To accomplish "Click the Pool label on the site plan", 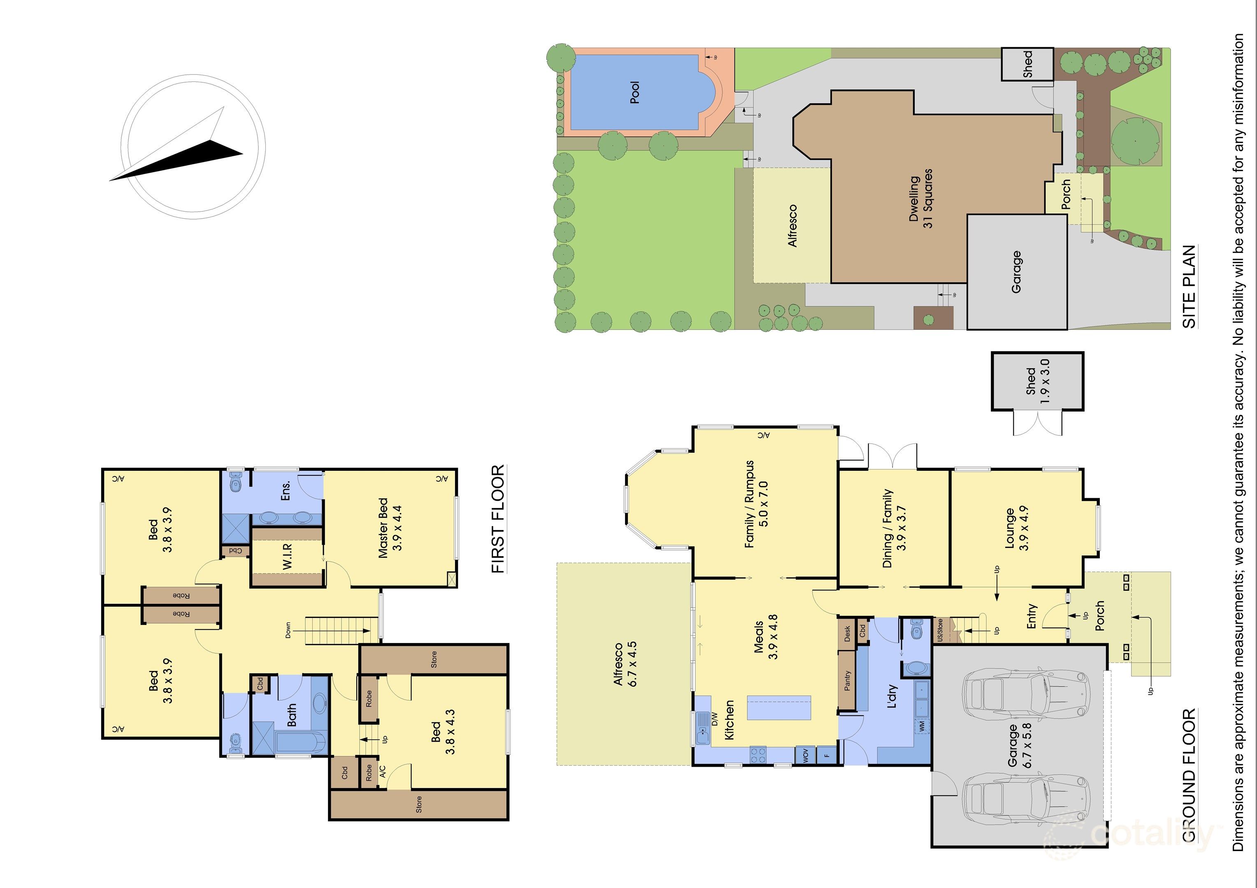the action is coord(634,92).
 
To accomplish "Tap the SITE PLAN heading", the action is coord(1189,287).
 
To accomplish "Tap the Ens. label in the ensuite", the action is coord(285,490).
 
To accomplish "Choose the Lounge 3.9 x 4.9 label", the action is coord(1017,529).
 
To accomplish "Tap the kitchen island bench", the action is coord(779,708).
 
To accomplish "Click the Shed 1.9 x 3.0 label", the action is coord(1037,381).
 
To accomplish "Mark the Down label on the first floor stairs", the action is coord(288,630).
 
